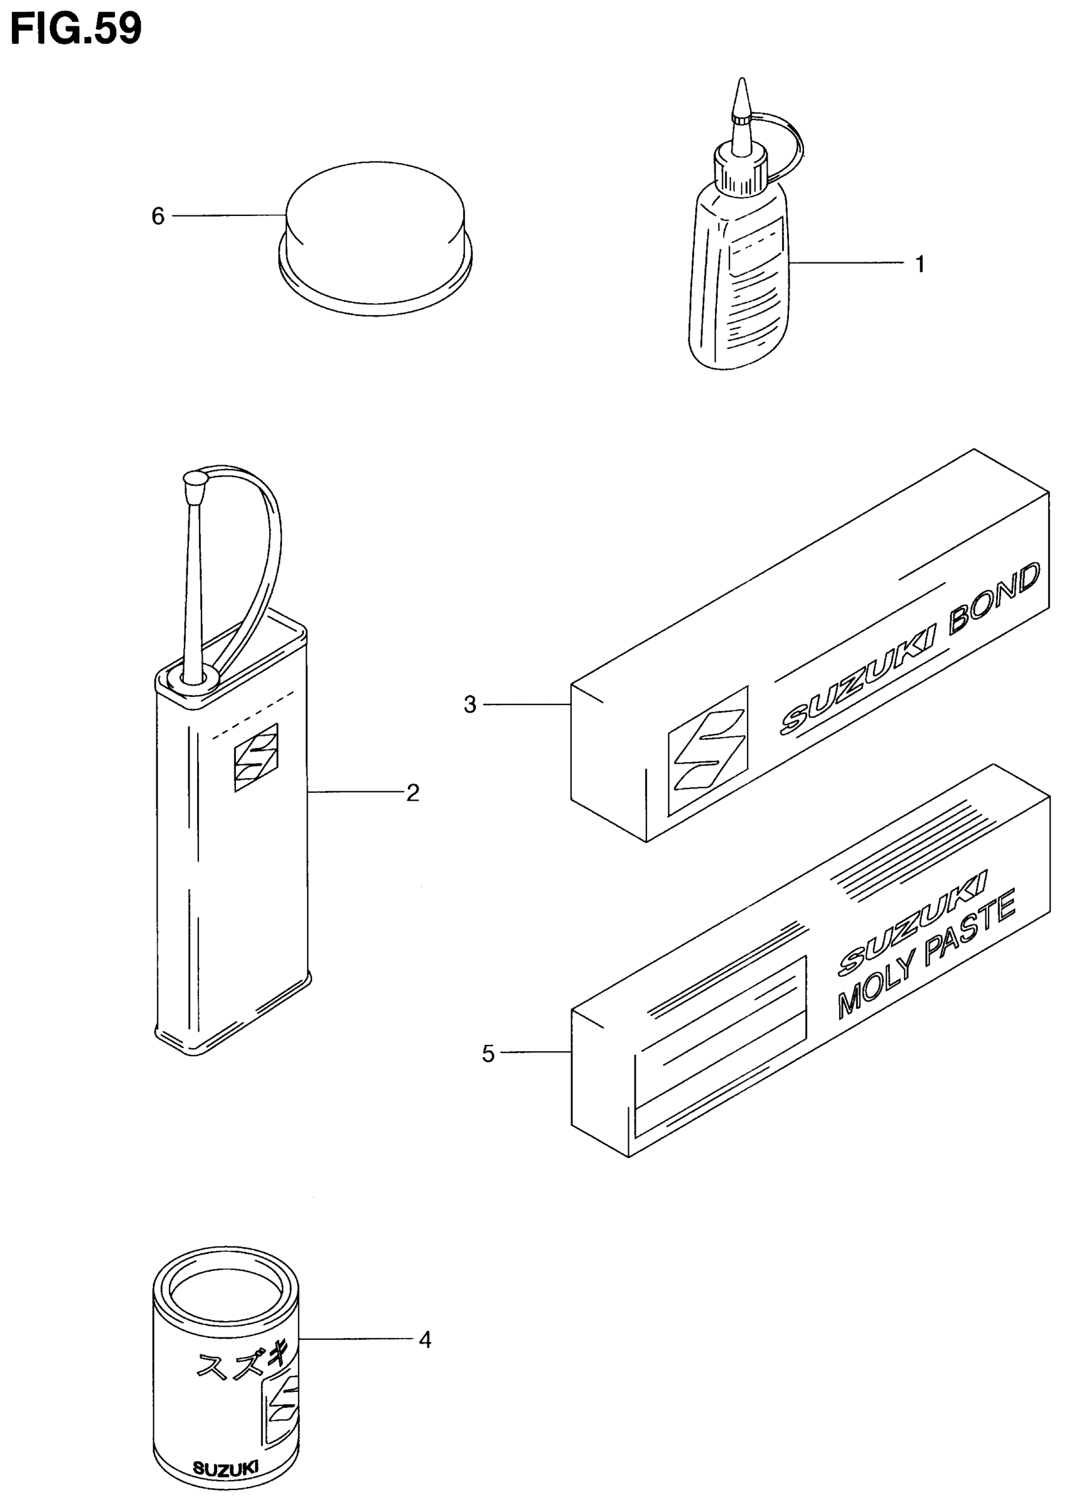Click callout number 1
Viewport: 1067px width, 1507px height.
click(920, 264)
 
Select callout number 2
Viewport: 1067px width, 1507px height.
click(412, 793)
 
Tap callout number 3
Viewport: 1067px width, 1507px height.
click(469, 705)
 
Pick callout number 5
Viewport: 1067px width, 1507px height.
click(488, 1054)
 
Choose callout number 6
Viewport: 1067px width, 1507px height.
click(158, 216)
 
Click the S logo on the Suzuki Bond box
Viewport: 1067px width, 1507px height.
click(708, 750)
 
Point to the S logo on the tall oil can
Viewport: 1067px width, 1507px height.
click(255, 757)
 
